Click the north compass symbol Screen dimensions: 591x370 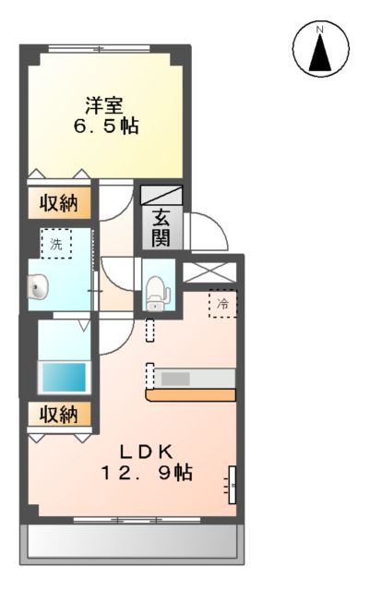click(319, 50)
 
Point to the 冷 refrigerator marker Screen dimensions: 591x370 click(222, 303)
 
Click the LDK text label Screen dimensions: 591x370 click(148, 452)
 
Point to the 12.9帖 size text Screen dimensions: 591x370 click(148, 474)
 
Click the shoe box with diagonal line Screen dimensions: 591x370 click(161, 195)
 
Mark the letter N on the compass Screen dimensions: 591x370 click(319, 29)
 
